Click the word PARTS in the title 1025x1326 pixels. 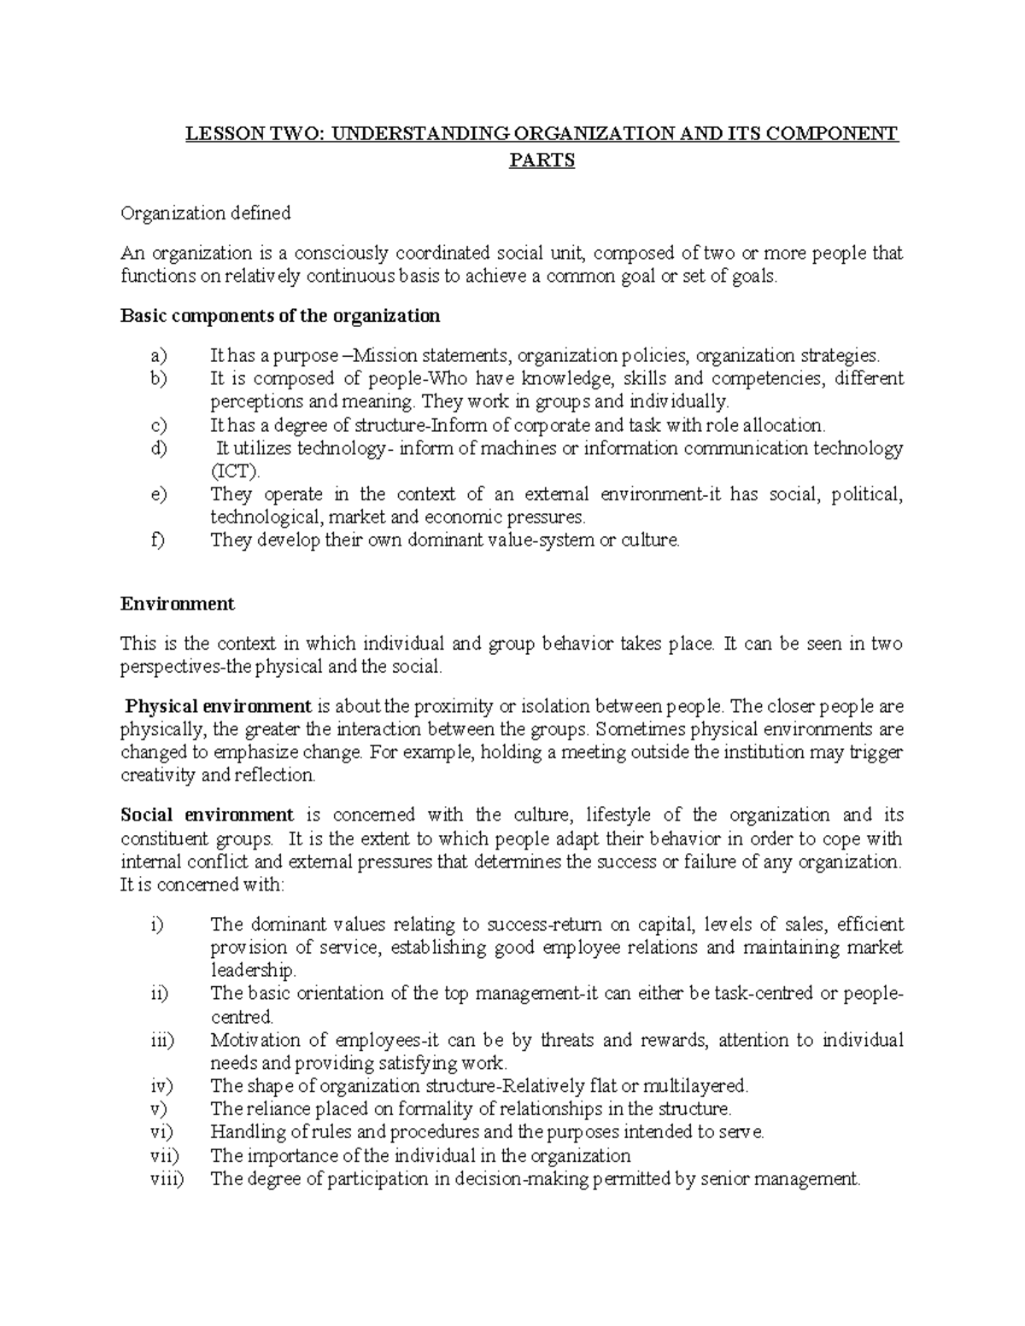[542, 160]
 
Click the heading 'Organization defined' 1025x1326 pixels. [205, 213]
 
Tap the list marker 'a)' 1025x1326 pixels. [158, 355]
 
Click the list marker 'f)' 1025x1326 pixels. [156, 540]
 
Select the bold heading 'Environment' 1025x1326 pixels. [177, 604]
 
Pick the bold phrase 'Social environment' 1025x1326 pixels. [207, 815]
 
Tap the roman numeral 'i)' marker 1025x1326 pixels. [155, 924]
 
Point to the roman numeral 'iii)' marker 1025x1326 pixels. [159, 1040]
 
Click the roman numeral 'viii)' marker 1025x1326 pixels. [164, 1179]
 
